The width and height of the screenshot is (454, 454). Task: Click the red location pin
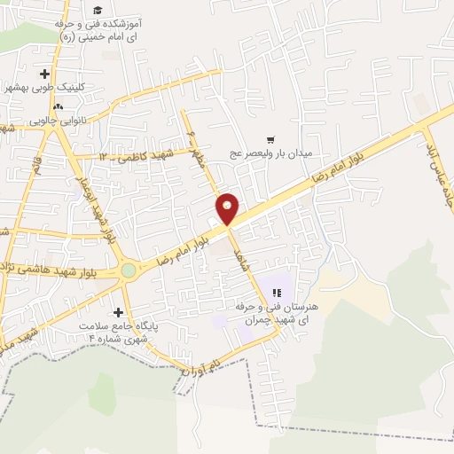[228, 207]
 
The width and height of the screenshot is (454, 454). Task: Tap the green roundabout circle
[129, 269]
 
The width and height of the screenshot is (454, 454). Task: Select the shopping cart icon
[270, 139]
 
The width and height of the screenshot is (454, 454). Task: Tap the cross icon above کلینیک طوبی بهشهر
[44, 74]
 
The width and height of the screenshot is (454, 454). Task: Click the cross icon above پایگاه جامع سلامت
[118, 312]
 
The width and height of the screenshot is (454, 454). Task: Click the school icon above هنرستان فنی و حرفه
[276, 292]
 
